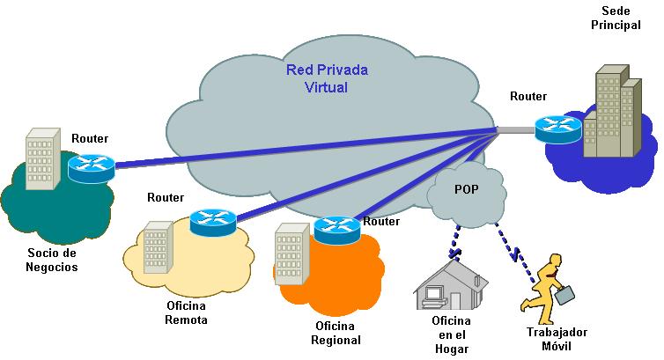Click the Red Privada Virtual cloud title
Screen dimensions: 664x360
[x=327, y=78]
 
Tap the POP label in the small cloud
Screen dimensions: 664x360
[x=467, y=189]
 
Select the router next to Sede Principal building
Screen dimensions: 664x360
[x=557, y=129]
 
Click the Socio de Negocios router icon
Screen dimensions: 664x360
[x=91, y=168]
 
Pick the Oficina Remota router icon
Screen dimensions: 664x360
[x=213, y=222]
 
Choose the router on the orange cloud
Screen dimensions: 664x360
[x=337, y=230]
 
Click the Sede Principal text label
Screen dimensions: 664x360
[x=616, y=18]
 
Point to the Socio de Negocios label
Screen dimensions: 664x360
[x=52, y=260]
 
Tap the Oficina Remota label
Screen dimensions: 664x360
[x=187, y=312]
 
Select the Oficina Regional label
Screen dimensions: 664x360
[x=336, y=333]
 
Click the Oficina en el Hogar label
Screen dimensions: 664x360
[x=452, y=334]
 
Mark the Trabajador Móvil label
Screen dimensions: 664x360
[x=557, y=339]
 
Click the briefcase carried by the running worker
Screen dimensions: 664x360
[x=564, y=295]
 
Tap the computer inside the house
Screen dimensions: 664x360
[x=434, y=296]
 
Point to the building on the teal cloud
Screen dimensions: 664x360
[x=43, y=158]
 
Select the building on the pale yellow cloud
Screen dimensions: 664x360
[x=159, y=247]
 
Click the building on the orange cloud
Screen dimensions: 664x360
[x=292, y=253]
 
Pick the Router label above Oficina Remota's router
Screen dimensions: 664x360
[x=166, y=197]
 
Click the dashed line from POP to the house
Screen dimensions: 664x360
[x=455, y=241]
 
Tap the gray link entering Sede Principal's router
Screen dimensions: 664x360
[x=515, y=129]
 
